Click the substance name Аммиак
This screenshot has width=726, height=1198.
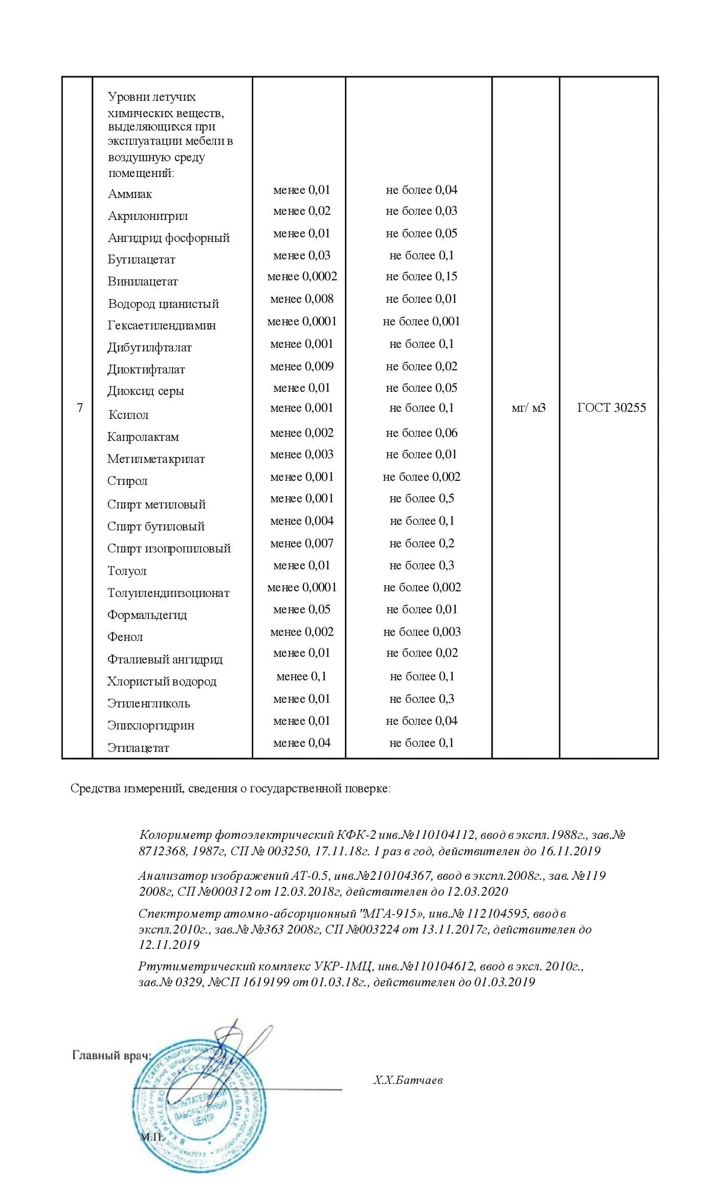(130, 194)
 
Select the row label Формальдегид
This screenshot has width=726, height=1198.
(147, 615)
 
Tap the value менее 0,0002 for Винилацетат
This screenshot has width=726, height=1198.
(302, 277)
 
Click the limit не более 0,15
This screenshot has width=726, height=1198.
(421, 277)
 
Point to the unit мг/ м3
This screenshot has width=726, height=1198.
(529, 408)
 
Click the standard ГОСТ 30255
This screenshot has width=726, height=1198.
(611, 408)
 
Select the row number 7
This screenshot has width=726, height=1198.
(79, 408)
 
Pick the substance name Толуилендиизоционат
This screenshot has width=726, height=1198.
(168, 593)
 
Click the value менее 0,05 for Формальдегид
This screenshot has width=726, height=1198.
(302, 609)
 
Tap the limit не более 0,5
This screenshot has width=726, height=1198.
(421, 498)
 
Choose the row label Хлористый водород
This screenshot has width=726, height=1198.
(162, 681)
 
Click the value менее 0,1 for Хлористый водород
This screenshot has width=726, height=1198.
(301, 676)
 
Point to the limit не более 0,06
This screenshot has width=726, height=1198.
(421, 433)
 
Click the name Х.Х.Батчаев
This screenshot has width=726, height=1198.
(408, 1080)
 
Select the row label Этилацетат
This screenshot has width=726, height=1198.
(138, 747)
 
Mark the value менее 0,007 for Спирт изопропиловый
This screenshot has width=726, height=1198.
(302, 543)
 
